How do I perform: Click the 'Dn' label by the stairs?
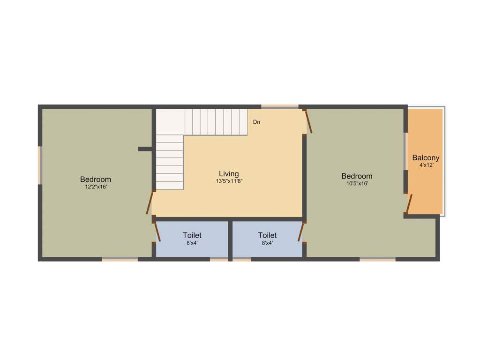256,122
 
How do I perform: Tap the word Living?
229,174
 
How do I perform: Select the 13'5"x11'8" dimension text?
229,181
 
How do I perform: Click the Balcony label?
426,158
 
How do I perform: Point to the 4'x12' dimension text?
426,165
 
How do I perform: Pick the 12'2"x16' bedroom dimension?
96,187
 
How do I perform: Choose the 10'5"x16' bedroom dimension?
357,184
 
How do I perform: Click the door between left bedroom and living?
150,202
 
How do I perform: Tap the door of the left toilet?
157,232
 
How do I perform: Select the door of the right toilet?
301,232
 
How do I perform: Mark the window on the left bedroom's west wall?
40,165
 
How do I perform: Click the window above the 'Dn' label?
279,107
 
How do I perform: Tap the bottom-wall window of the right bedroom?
377,258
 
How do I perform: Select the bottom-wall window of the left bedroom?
120,258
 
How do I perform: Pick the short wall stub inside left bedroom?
145,149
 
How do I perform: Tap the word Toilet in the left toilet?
192,235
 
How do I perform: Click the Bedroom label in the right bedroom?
357,176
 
